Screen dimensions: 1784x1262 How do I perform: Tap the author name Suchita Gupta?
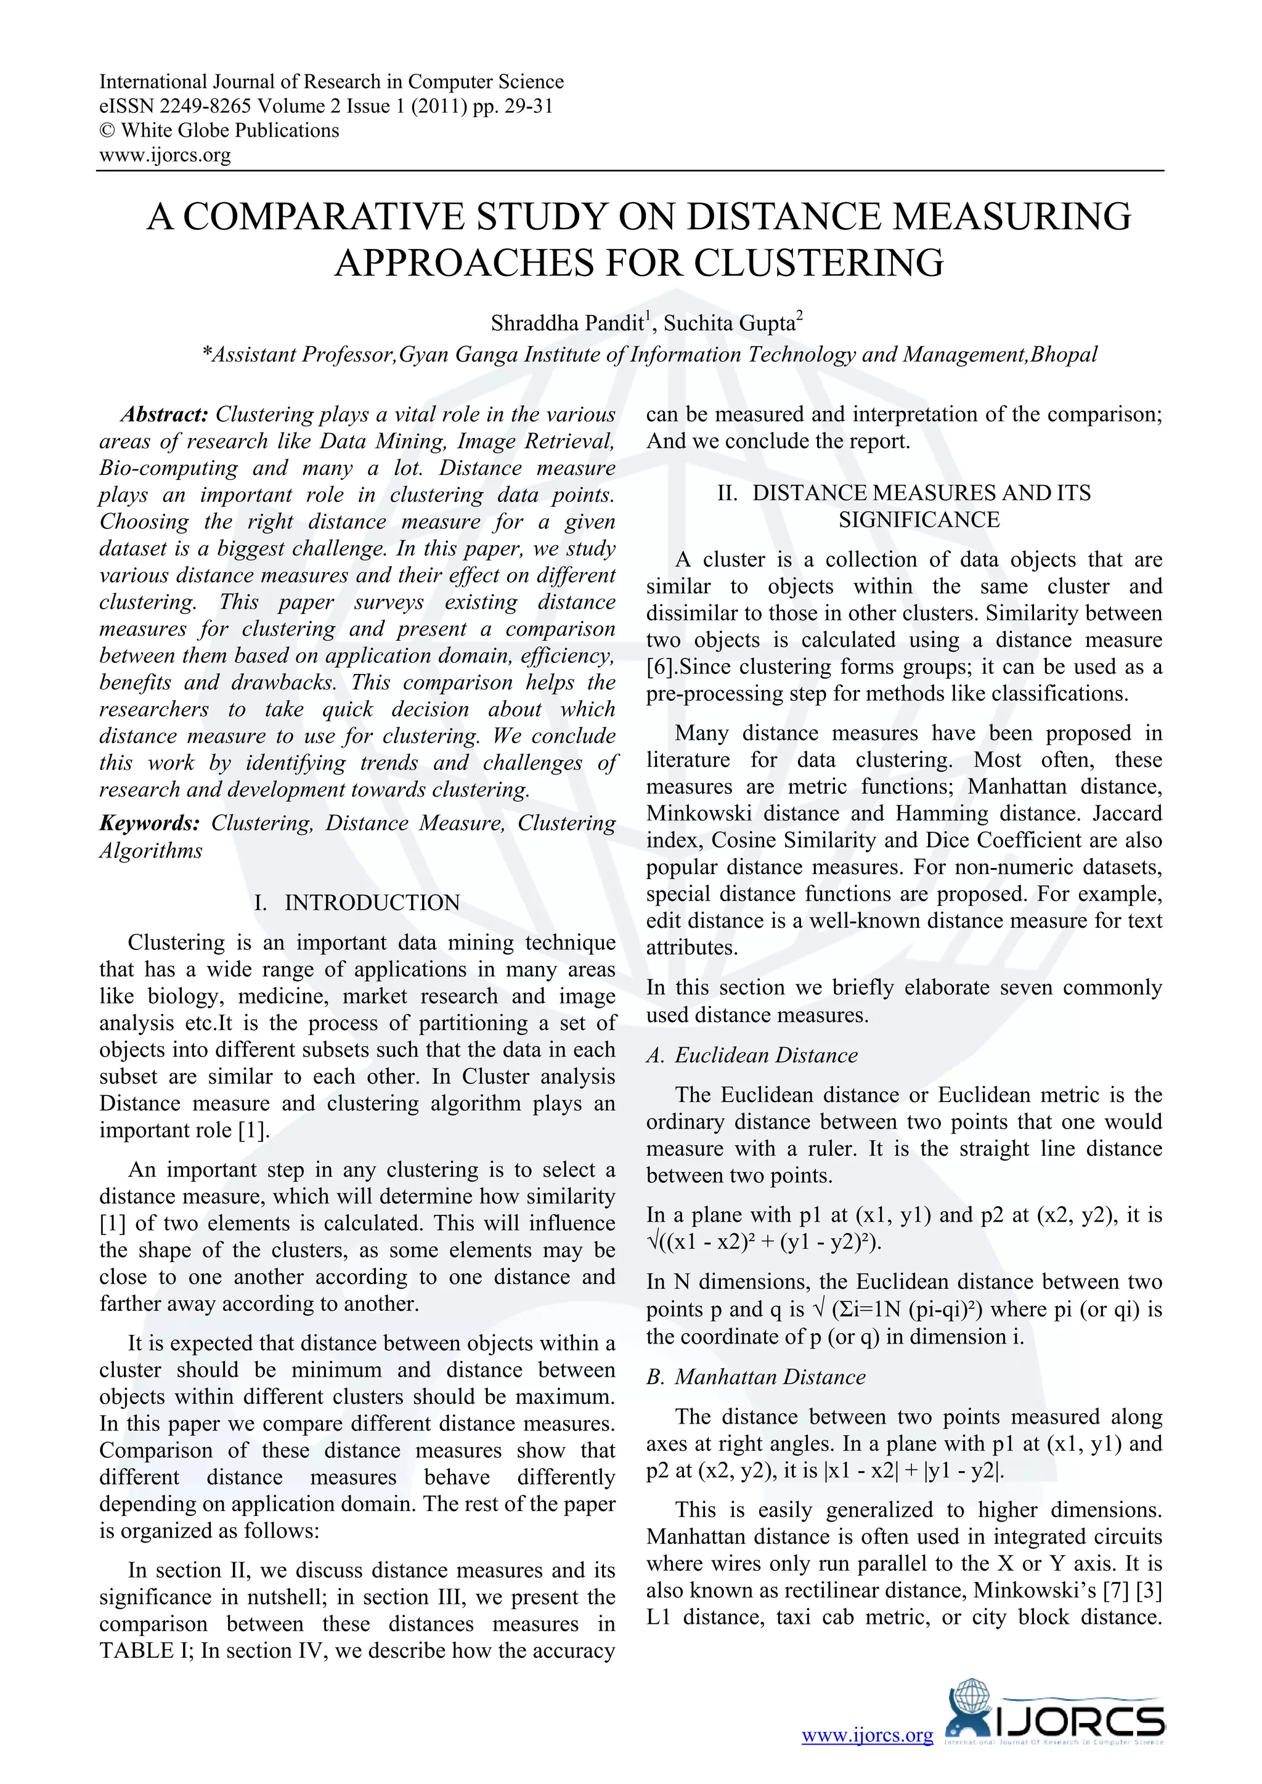pos(729,323)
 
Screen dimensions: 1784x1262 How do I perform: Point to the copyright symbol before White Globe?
pos(107,131)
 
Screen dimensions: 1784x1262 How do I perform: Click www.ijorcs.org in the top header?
pos(165,155)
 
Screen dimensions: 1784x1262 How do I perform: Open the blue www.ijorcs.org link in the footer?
pos(866,1735)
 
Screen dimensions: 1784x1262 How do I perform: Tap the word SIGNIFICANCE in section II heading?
pos(919,519)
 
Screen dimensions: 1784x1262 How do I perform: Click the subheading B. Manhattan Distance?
pos(755,1377)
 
